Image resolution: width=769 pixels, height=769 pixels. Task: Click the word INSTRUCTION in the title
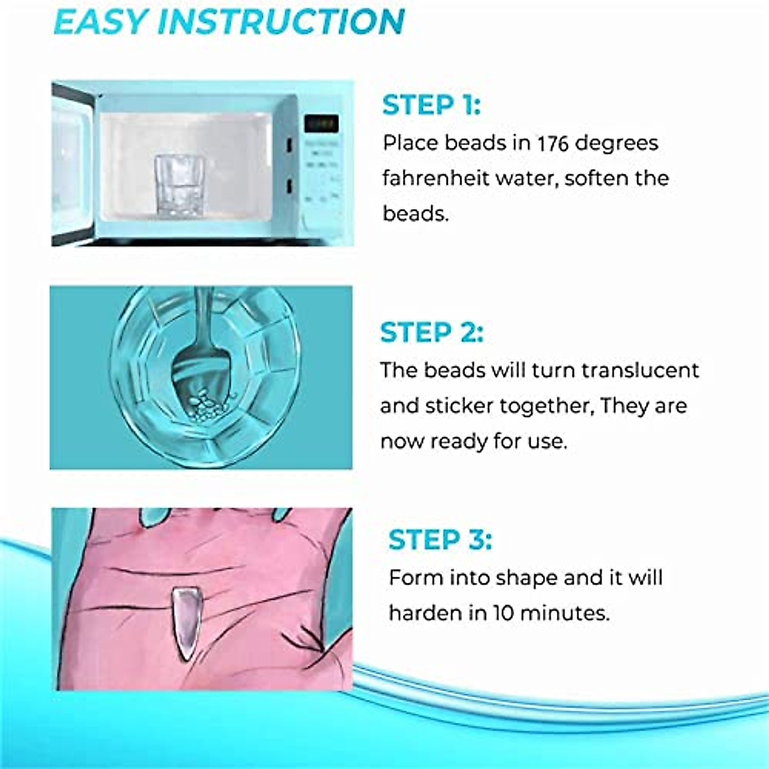[x=281, y=22]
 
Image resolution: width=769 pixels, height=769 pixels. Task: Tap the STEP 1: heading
[x=431, y=106]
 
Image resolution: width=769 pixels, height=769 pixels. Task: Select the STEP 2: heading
[x=431, y=333]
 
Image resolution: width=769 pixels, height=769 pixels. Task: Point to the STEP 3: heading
[x=440, y=540]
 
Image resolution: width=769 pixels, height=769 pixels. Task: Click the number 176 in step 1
[x=552, y=143]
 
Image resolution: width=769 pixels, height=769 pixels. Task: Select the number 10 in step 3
[x=503, y=613]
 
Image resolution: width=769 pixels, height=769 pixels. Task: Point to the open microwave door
[x=72, y=163]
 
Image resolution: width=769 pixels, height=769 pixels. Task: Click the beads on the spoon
[x=206, y=404]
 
